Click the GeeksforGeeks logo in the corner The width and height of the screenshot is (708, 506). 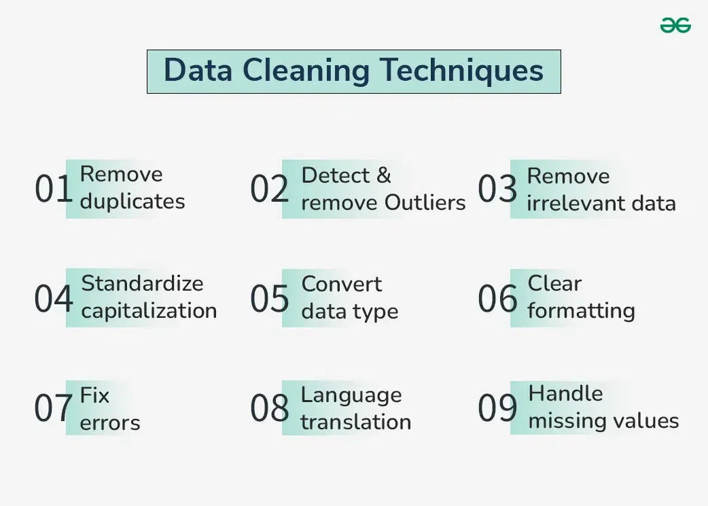coord(675,26)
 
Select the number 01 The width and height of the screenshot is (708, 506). coord(53,189)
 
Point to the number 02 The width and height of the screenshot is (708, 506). coord(269,189)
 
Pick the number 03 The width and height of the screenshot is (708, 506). coord(497,189)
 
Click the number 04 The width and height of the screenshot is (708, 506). coord(53,299)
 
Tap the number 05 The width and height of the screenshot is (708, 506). coord(269,299)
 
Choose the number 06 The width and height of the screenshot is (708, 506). coord(497,299)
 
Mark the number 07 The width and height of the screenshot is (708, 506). coord(53,408)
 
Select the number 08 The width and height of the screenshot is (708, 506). coord(269,408)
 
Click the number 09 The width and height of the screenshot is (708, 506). coord(497,408)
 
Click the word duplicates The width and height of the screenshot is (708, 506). coord(132,202)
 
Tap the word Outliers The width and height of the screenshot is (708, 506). coord(425,202)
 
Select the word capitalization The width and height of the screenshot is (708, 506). coord(149,311)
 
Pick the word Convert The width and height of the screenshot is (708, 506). coord(342,284)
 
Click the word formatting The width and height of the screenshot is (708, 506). coord(581,311)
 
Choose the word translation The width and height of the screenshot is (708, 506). coord(355,422)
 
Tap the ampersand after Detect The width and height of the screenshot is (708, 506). coord(383,175)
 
